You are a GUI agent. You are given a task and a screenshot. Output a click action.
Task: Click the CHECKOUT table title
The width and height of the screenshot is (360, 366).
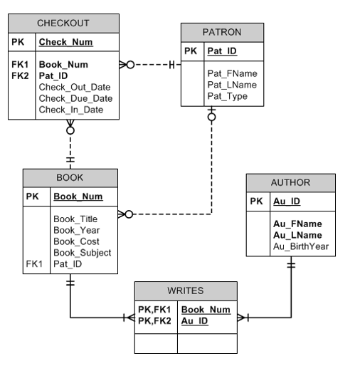coord(63,23)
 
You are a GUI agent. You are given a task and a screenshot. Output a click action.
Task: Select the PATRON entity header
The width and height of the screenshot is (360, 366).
coord(221,32)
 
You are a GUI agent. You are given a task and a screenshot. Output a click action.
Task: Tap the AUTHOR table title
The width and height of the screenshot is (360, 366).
coord(290,182)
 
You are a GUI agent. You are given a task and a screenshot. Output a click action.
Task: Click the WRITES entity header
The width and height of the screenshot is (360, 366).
coord(185,291)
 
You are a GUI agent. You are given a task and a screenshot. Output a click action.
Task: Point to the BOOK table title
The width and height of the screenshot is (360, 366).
coord(70,178)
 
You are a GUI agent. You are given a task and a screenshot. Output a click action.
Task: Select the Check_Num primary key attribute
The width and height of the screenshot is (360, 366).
coord(65,43)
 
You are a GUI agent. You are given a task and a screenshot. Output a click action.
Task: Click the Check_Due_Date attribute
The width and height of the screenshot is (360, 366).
coord(75,98)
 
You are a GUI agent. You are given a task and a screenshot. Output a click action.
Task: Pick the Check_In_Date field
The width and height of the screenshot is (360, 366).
coord(71,110)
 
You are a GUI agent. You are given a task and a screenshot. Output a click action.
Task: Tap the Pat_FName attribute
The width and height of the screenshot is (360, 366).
coord(232,73)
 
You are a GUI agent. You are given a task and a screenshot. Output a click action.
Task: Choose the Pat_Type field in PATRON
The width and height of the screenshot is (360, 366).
coord(228,96)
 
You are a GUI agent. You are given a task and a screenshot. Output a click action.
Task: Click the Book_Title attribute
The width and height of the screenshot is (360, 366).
coord(75,219)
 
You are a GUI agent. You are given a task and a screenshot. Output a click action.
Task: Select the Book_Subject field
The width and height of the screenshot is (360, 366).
coord(82,253)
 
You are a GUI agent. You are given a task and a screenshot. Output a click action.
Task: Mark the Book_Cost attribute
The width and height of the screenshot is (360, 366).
coord(75,241)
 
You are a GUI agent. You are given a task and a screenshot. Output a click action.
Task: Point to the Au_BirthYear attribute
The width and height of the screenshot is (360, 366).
coord(301,246)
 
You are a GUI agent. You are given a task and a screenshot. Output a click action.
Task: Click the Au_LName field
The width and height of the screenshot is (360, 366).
coord(297,235)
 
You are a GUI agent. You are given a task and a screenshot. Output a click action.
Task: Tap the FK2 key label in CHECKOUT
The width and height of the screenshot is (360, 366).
coord(20,75)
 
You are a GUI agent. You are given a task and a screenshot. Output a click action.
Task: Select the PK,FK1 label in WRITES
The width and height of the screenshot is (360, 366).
coord(154,310)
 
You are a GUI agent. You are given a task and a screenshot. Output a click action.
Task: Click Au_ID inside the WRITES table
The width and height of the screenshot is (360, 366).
coord(195,321)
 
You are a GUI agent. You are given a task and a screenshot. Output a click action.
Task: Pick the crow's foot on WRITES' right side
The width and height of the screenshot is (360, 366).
coord(243,317)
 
